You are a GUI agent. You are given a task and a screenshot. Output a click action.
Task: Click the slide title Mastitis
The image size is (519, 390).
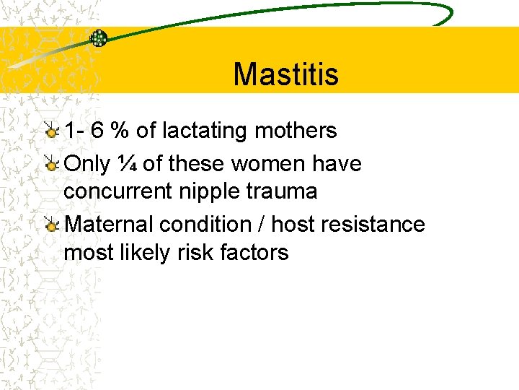click(285, 74)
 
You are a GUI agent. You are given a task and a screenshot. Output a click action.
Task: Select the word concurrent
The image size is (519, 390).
click(115, 191)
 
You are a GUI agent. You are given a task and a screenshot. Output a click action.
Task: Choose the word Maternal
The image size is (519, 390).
click(109, 225)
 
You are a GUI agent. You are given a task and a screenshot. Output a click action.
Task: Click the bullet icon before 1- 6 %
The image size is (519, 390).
click(51, 131)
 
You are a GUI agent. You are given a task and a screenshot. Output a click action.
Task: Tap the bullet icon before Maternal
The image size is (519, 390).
click(51, 225)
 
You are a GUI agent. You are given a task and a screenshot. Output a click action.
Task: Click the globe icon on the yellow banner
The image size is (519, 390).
click(99, 38)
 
